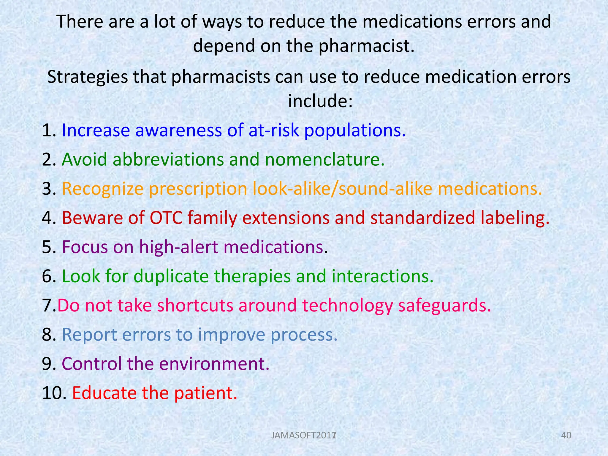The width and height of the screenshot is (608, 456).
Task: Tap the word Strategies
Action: [x=87, y=77]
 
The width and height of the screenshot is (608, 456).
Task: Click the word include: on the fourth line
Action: [x=320, y=101]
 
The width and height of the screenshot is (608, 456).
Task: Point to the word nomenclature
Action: [x=324, y=159]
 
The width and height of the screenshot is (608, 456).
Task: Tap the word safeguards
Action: [x=444, y=305]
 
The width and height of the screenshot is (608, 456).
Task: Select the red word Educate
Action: [x=104, y=393]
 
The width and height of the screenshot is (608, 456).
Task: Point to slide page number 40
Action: [x=566, y=436]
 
